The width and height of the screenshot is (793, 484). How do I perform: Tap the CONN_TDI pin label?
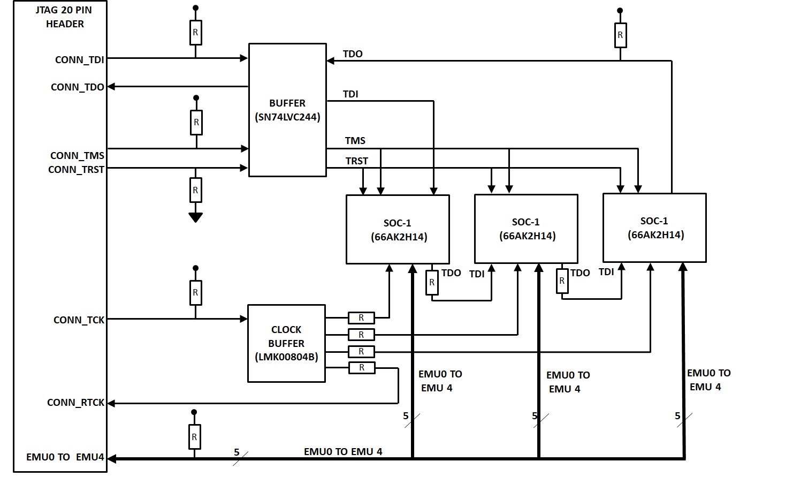[80, 60]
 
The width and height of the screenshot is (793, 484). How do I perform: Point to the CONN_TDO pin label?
[78, 87]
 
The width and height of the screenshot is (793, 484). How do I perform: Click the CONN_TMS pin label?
[77, 156]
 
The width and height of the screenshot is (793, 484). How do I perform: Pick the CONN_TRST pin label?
[76, 170]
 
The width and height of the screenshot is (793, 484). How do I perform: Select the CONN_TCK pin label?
[79, 320]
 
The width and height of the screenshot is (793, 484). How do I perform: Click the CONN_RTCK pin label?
[76, 403]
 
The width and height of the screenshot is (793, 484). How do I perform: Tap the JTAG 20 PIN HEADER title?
[64, 17]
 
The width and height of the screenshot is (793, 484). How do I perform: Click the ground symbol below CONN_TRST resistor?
[195, 217]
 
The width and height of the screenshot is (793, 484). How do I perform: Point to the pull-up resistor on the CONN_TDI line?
[196, 33]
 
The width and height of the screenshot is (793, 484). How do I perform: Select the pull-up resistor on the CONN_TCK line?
[196, 293]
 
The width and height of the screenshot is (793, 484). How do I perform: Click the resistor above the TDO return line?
[620, 35]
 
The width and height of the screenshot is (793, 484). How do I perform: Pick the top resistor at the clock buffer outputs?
[361, 318]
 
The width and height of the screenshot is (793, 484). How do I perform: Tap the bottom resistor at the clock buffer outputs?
[362, 367]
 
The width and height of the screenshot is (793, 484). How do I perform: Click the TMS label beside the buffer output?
[355, 141]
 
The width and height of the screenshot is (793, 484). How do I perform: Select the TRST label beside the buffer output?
[357, 161]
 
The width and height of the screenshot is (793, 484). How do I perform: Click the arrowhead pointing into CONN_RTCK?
[111, 403]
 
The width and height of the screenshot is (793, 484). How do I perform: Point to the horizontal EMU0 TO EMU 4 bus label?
[343, 452]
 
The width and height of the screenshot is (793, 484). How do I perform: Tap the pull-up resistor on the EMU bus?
[194, 437]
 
